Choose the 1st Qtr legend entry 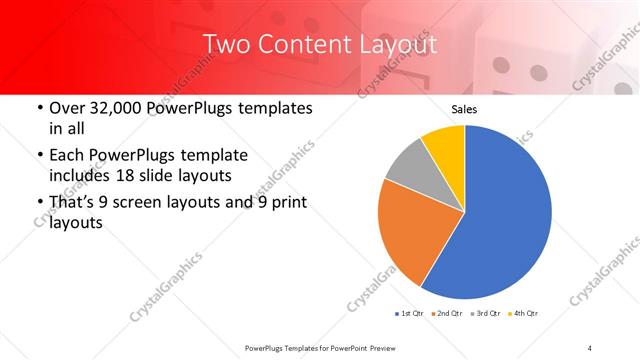(x=410, y=314)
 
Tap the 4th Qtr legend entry (x=524, y=314)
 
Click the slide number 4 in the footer (x=590, y=347)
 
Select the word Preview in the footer (x=391, y=347)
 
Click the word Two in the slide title (x=225, y=45)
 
